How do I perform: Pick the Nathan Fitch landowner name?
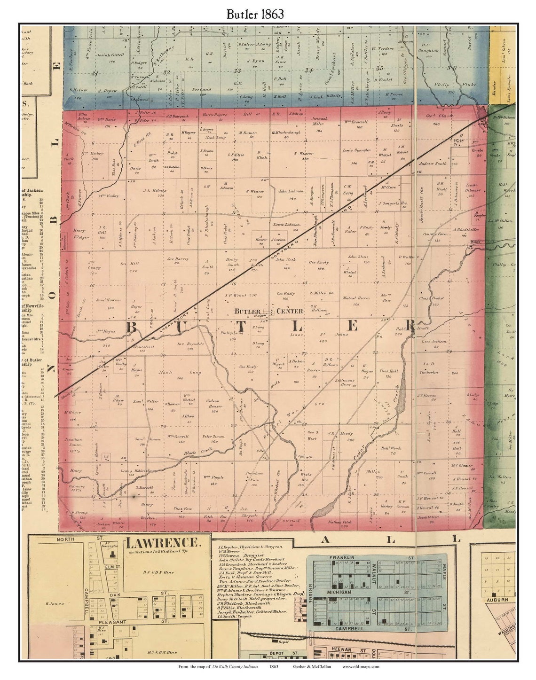(x=338, y=521)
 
